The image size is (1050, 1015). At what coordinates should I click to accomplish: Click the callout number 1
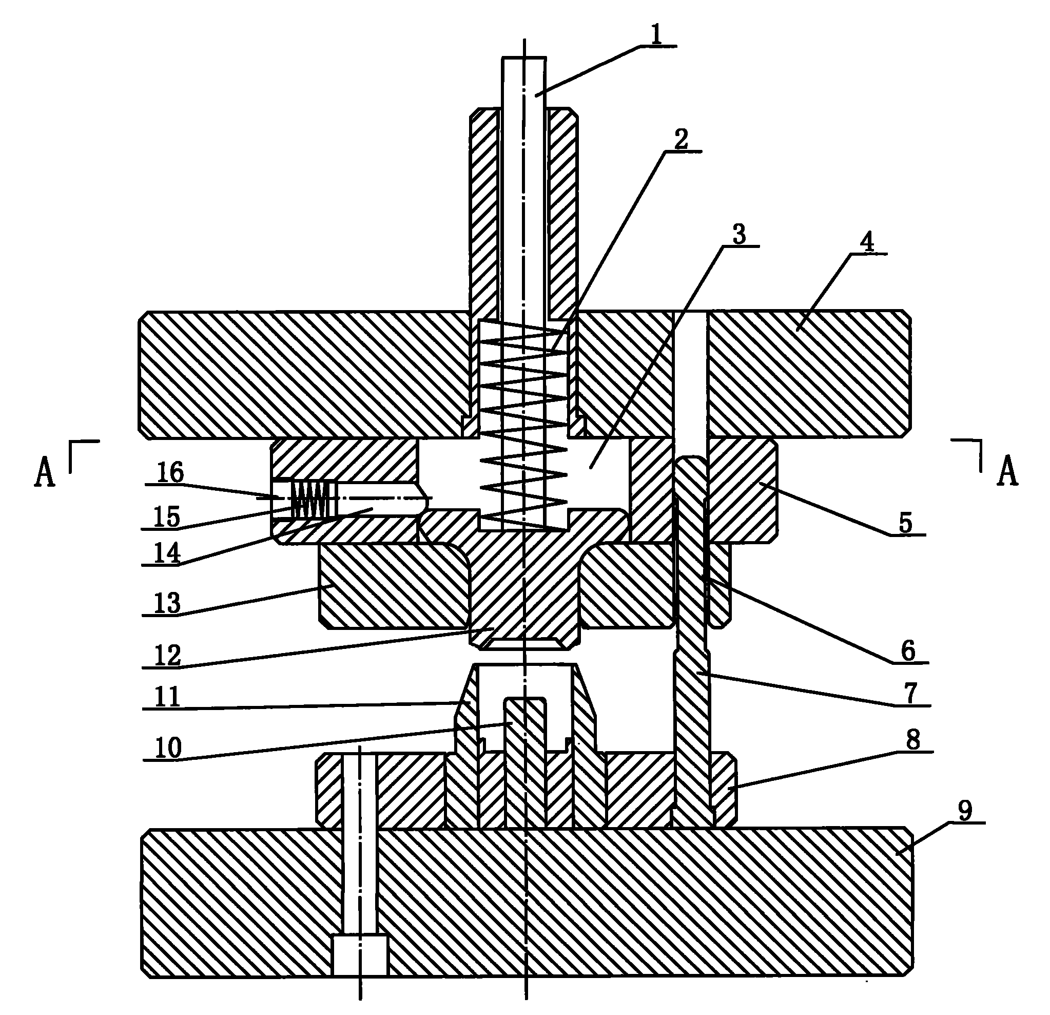click(x=656, y=35)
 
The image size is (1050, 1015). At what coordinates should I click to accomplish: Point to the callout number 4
click(x=867, y=242)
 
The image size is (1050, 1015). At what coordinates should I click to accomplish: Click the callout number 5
click(x=905, y=523)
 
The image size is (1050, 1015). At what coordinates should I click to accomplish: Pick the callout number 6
click(x=908, y=651)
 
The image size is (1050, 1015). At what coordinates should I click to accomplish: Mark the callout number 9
click(x=965, y=811)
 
